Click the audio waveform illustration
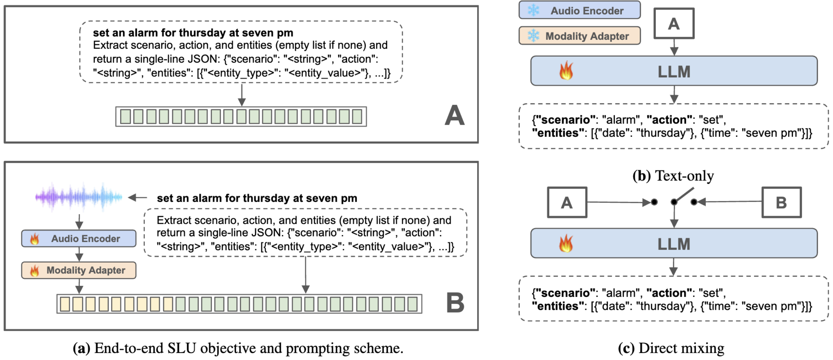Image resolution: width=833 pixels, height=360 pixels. (x=79, y=196)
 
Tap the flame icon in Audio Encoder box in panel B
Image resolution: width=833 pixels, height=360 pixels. (x=34, y=239)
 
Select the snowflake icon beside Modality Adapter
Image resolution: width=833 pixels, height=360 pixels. (x=533, y=36)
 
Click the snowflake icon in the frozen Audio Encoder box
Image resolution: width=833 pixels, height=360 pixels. (x=533, y=10)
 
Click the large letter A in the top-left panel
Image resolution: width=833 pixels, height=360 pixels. (x=454, y=115)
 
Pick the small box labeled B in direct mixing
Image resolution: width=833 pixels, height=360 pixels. (x=781, y=202)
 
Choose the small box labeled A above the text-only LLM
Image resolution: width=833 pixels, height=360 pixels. (x=674, y=24)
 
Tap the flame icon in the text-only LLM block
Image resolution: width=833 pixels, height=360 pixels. (x=566, y=71)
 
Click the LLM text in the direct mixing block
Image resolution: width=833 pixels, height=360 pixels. (x=674, y=244)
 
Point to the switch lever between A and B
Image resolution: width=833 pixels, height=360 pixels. (x=683, y=196)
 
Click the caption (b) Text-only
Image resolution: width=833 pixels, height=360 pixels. (x=673, y=176)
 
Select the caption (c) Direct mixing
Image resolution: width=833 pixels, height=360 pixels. (x=671, y=348)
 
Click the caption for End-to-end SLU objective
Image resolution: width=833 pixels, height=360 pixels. (x=238, y=348)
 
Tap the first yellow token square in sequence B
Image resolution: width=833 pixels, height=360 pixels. (x=65, y=304)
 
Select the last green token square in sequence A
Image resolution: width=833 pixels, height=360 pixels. (x=357, y=116)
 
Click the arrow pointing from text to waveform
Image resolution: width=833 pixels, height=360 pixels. (x=138, y=197)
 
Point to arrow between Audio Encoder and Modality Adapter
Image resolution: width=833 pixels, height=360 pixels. (x=79, y=254)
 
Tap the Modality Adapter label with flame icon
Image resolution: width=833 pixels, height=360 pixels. (x=85, y=270)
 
